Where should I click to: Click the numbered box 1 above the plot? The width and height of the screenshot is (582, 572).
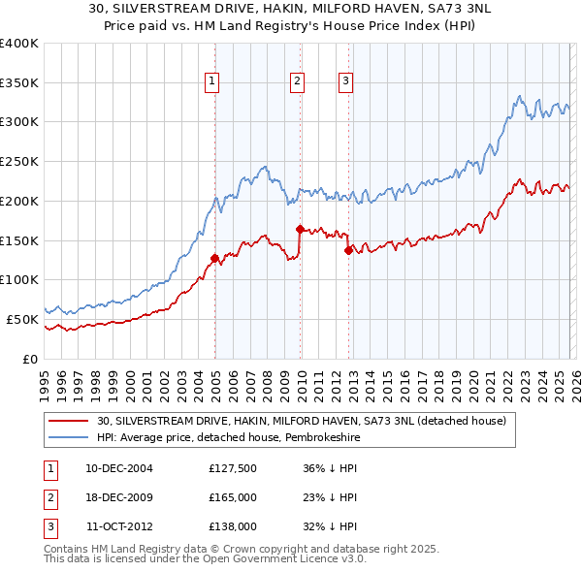(x=211, y=82)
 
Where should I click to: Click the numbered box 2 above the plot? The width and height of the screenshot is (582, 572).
(x=297, y=82)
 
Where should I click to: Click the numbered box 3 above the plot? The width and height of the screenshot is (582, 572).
(x=345, y=82)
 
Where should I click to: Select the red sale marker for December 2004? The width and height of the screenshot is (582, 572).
(x=214, y=259)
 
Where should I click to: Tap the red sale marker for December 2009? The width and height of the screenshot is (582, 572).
(x=300, y=229)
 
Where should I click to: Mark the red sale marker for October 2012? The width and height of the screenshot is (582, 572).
(x=348, y=250)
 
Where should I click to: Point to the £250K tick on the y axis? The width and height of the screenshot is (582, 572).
(x=19, y=162)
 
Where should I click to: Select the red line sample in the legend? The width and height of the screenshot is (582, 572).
(x=68, y=421)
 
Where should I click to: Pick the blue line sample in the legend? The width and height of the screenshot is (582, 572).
(x=68, y=438)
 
